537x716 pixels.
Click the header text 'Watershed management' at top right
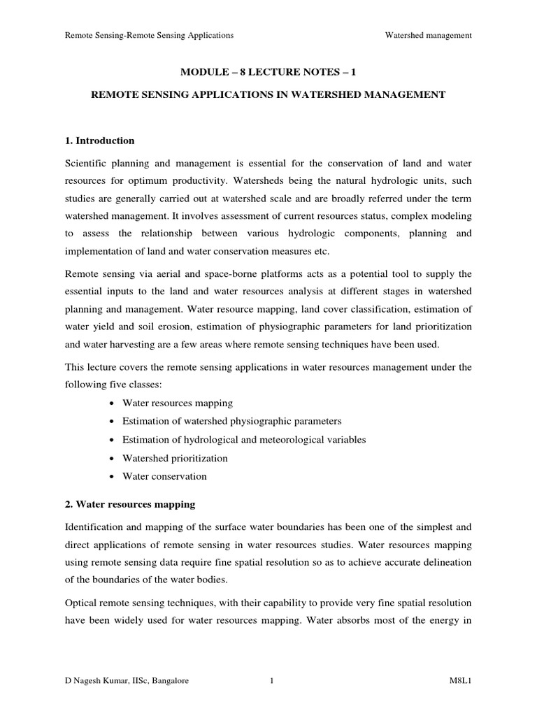[429, 34]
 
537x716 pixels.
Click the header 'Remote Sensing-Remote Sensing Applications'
[149, 34]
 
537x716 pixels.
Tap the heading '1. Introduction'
[99, 141]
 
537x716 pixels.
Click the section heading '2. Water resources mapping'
[130, 503]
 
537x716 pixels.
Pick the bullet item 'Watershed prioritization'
[175, 458]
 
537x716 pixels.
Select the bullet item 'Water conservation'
[164, 476]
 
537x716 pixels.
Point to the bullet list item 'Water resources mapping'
[178, 403]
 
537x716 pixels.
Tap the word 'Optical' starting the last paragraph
[80, 602]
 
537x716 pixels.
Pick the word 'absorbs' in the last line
[374, 620]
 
